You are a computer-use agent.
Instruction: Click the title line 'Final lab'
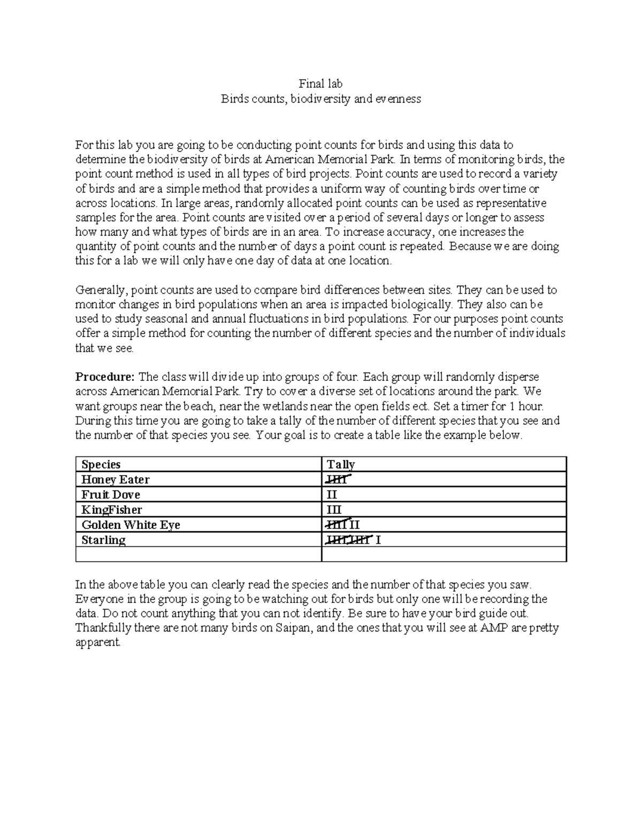[x=320, y=84]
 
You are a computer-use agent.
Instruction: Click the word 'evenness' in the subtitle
[x=398, y=99]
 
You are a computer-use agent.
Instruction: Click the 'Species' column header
[x=101, y=464]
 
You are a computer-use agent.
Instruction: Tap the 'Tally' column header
[x=341, y=464]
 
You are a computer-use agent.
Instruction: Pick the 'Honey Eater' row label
[x=115, y=479]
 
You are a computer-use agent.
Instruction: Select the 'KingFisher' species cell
[x=111, y=509]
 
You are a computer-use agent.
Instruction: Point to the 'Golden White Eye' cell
[x=131, y=525]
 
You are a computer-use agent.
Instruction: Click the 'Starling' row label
[x=103, y=540]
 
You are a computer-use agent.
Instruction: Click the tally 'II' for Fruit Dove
[x=332, y=494]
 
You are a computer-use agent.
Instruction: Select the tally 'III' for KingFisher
[x=334, y=509]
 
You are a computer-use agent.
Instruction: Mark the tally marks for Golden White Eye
[x=343, y=525]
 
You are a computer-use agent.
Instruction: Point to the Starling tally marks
[x=353, y=540]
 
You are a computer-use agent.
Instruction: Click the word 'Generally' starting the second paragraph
[x=101, y=291]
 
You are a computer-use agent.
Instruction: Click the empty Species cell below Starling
[x=198, y=554]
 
